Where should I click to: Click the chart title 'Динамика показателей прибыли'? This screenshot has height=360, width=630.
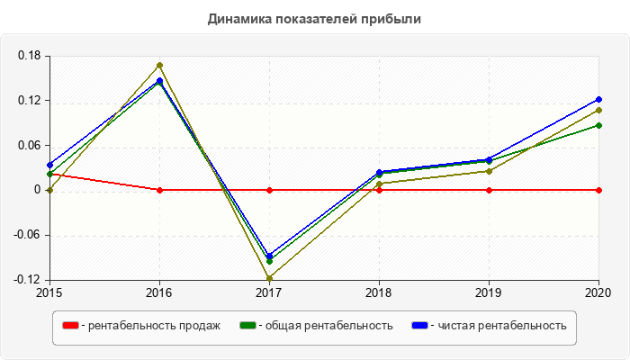[x=314, y=19]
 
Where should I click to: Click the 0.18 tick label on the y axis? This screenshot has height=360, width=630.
[x=30, y=56]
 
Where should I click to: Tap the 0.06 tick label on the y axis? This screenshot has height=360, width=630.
[x=30, y=146]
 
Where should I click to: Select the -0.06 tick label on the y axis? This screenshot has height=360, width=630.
[x=28, y=235]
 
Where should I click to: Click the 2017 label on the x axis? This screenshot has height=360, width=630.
[x=269, y=292]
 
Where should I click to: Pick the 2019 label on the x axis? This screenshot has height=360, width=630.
[x=489, y=292]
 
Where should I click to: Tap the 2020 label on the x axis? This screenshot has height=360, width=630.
[x=598, y=292]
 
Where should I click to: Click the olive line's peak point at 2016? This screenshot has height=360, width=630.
[x=159, y=65]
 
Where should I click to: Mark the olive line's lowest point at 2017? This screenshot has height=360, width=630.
[x=269, y=279]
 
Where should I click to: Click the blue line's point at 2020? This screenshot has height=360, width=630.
[x=598, y=99]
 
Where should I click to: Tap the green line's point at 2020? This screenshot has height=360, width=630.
[x=598, y=125]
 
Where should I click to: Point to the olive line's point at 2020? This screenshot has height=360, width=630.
[x=598, y=110]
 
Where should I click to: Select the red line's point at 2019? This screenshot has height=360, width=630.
[x=489, y=190]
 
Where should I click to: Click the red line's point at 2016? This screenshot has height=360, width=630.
[x=159, y=190]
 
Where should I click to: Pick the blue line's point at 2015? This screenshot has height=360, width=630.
[x=49, y=166]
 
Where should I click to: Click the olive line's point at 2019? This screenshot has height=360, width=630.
[x=489, y=171]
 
